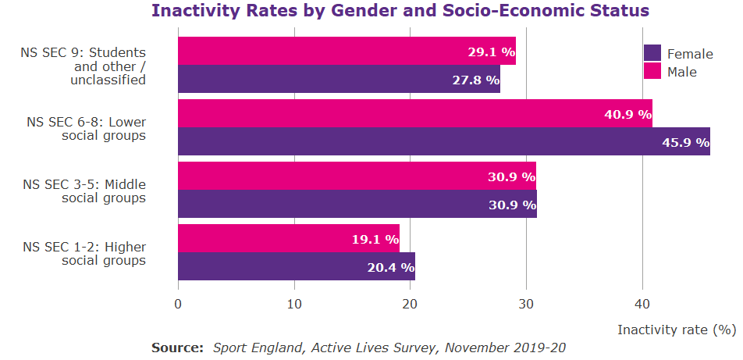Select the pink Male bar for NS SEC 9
click(347, 51)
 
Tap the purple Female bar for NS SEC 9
click(339, 79)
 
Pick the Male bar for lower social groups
click(414, 113)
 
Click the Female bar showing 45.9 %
click(443, 141)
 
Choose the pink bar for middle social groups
click(357, 176)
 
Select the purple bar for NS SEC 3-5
click(357, 204)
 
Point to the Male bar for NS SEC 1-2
click(288, 238)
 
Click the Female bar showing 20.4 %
click(296, 266)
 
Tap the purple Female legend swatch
click(652, 53)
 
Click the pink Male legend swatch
click(652, 71)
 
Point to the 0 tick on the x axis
click(178, 305)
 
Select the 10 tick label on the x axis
click(294, 305)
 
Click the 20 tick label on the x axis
click(410, 305)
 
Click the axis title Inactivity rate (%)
click(677, 330)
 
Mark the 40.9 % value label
click(627, 114)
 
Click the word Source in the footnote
click(177, 347)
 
